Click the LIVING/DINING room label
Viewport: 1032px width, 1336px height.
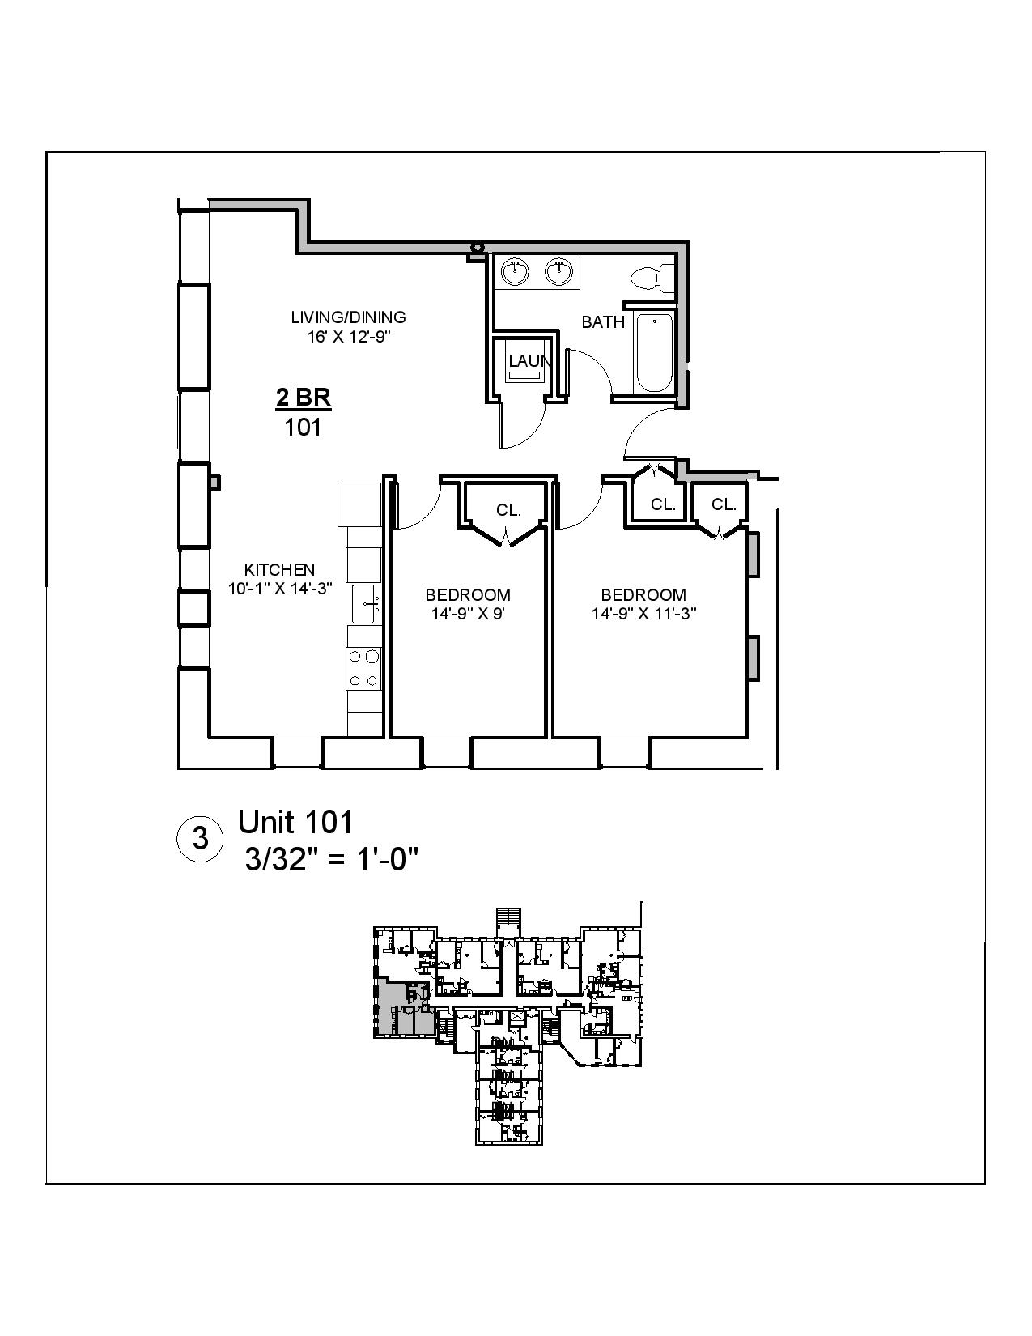click(348, 317)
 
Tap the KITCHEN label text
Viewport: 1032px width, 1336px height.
click(279, 569)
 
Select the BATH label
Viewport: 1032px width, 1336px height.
click(603, 322)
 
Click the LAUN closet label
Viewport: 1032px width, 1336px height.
click(529, 361)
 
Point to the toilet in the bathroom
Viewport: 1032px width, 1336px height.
click(652, 278)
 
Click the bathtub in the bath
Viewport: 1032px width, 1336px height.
click(654, 353)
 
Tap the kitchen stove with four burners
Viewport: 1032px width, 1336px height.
click(363, 669)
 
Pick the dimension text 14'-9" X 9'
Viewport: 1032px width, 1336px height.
click(468, 614)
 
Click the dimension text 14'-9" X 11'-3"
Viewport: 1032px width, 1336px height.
click(643, 614)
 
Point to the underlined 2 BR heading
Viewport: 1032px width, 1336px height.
click(304, 398)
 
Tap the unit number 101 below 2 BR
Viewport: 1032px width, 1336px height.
click(303, 427)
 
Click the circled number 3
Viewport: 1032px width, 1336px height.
click(200, 838)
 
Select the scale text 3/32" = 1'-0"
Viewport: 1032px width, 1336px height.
click(332, 859)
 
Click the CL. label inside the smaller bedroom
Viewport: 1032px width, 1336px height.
click(508, 510)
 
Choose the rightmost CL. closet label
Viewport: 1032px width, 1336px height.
click(723, 504)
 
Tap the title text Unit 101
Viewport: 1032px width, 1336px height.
click(295, 822)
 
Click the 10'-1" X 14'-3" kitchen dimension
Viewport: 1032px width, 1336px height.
click(280, 589)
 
